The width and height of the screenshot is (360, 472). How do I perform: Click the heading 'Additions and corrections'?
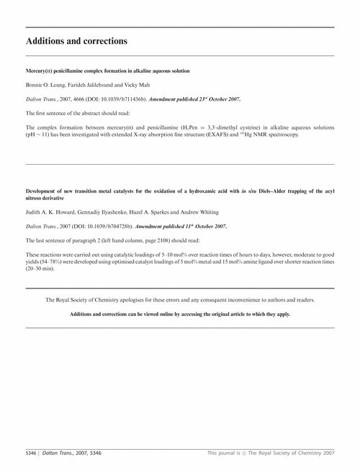(76, 41)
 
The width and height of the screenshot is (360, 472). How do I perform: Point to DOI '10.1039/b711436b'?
(117, 100)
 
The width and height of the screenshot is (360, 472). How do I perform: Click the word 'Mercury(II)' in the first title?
(40, 72)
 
